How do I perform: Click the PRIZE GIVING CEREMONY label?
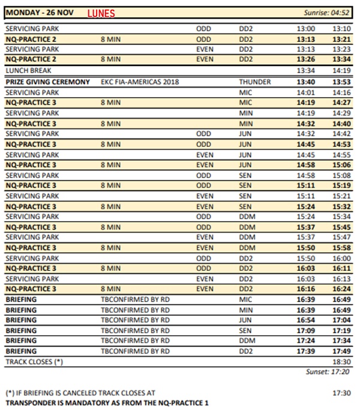(x=47, y=82)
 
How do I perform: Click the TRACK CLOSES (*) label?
(x=34, y=362)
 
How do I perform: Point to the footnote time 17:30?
(x=340, y=393)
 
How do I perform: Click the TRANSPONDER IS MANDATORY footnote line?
(x=106, y=403)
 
